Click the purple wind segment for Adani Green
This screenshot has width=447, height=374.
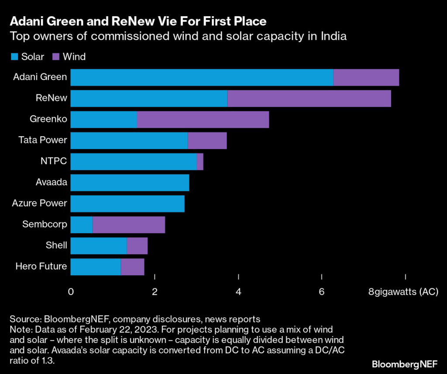pyautogui.click(x=366, y=77)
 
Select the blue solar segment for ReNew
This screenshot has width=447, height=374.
pyautogui.click(x=149, y=98)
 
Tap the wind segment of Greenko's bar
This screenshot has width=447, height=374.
pyautogui.click(x=203, y=119)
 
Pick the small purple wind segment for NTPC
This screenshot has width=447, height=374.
pyautogui.click(x=200, y=162)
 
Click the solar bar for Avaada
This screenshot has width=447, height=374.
pyautogui.click(x=130, y=183)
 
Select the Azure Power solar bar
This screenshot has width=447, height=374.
pyautogui.click(x=127, y=204)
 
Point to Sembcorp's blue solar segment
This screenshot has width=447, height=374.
pyautogui.click(x=82, y=225)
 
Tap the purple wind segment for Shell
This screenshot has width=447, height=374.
pyautogui.click(x=137, y=246)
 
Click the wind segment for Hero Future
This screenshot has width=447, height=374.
pyautogui.click(x=132, y=267)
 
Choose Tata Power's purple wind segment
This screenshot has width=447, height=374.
pyautogui.click(x=207, y=141)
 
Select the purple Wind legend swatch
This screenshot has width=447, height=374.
pyautogui.click(x=56, y=56)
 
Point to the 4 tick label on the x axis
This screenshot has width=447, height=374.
pyautogui.click(x=238, y=291)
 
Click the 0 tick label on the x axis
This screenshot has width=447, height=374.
pyautogui.click(x=71, y=291)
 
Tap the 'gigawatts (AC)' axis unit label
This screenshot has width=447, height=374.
pyautogui.click(x=406, y=291)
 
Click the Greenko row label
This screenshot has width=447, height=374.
pyautogui.click(x=48, y=119)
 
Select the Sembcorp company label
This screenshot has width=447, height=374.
pyautogui.click(x=45, y=225)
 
